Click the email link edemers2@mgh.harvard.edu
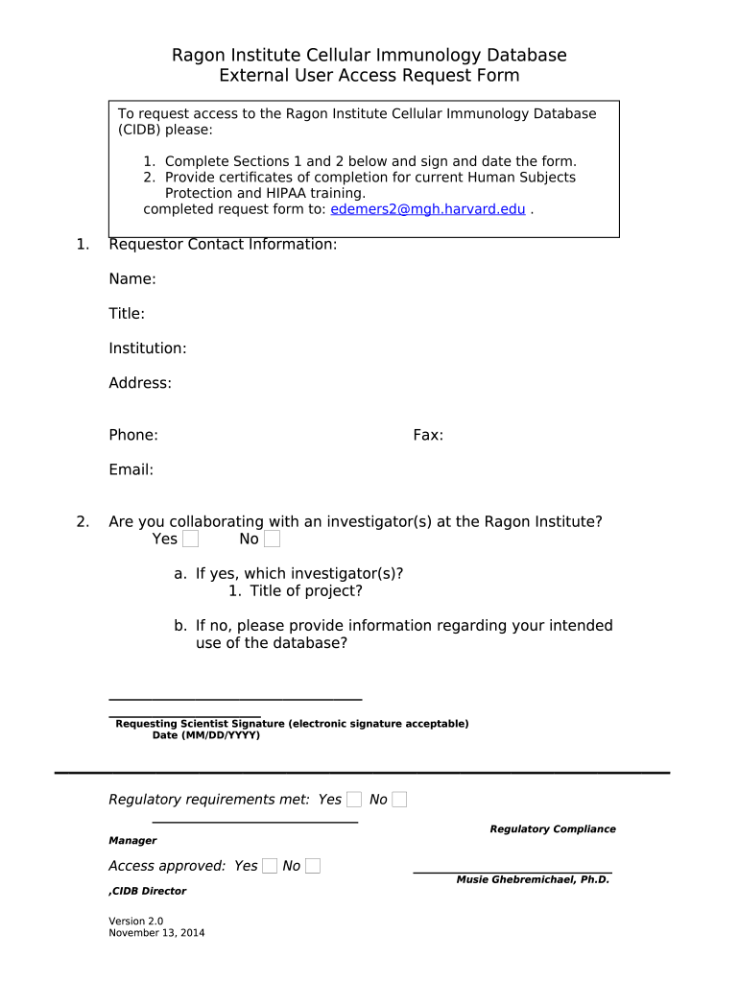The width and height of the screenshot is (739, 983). click(427, 209)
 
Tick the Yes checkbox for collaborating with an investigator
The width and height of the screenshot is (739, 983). click(190, 539)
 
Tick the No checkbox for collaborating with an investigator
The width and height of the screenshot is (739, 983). click(273, 539)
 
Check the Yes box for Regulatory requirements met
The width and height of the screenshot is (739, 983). click(354, 800)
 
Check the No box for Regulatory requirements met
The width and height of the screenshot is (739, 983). click(399, 800)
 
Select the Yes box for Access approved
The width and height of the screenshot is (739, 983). click(270, 866)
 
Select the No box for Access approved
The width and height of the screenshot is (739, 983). click(313, 866)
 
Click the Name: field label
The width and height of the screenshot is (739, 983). click(132, 279)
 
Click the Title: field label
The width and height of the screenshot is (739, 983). click(127, 314)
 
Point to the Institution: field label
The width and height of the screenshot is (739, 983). click(148, 348)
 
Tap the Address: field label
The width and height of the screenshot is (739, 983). click(140, 383)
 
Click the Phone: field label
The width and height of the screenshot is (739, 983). click(133, 435)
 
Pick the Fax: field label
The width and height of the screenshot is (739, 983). click(428, 435)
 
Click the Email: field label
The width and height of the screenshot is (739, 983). click(131, 469)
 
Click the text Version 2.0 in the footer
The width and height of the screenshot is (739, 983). click(136, 921)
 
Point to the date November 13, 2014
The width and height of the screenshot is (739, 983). click(156, 933)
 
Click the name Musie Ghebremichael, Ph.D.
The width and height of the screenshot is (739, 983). click(533, 879)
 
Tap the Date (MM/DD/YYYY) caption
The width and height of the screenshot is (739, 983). click(206, 735)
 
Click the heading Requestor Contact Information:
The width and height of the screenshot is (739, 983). click(223, 245)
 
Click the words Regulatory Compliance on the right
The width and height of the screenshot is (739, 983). click(553, 829)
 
